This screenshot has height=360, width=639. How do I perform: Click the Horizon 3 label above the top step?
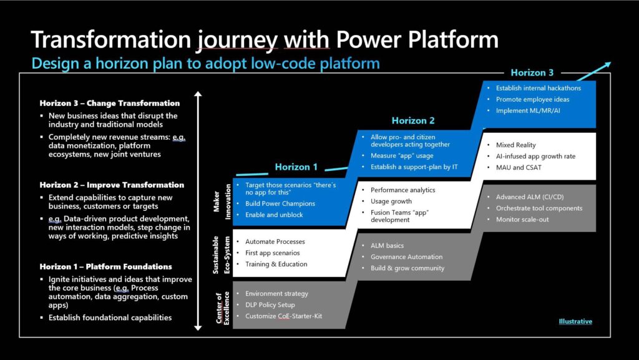pos(532,73)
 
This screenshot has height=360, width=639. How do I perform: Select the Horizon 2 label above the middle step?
pos(413,120)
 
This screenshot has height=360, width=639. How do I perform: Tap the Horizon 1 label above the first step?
pos(296,167)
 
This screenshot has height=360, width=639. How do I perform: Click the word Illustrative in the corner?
pos(575,321)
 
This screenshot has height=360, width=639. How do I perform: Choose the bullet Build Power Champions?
pos(280,203)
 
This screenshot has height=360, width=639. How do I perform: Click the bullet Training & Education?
pos(276,264)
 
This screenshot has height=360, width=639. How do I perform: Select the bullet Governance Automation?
pos(406,256)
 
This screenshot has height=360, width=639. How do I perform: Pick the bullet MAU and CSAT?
pos(518,168)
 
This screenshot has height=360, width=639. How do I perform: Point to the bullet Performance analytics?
pos(403,190)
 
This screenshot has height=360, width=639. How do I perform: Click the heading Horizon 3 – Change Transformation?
pos(109,103)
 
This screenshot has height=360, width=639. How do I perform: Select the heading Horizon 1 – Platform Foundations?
pos(106,267)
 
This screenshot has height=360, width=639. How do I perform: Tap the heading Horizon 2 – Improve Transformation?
pos(112,185)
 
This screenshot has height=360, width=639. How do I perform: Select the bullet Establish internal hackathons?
pos(538,88)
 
